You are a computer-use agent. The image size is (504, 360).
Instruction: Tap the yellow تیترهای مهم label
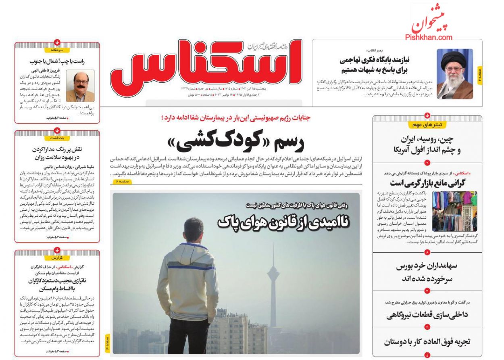pos(427,125)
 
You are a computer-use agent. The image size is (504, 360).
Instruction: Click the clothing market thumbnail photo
pos(455,211)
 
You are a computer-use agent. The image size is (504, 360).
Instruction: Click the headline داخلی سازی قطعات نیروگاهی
pos(427,314)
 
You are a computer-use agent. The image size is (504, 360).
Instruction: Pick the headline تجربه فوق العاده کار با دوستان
pos(427,341)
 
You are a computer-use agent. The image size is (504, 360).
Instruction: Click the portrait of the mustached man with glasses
pos(80,86)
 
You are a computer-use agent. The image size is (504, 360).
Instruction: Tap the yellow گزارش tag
pos(57,257)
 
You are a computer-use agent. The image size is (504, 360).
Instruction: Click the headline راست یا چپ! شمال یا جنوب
pos(56,61)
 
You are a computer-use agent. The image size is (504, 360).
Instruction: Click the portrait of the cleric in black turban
pos(455,74)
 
